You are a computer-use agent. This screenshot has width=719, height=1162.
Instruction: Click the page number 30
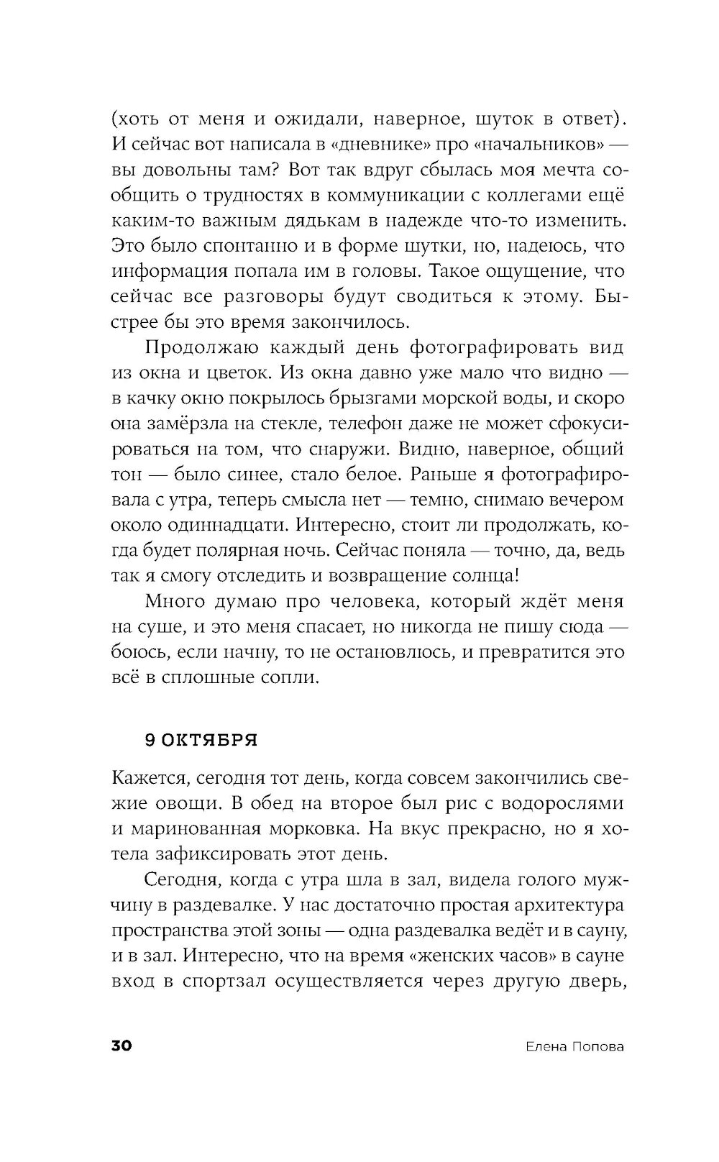(121, 1046)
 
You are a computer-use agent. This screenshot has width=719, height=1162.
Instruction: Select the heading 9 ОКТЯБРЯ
(201, 741)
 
